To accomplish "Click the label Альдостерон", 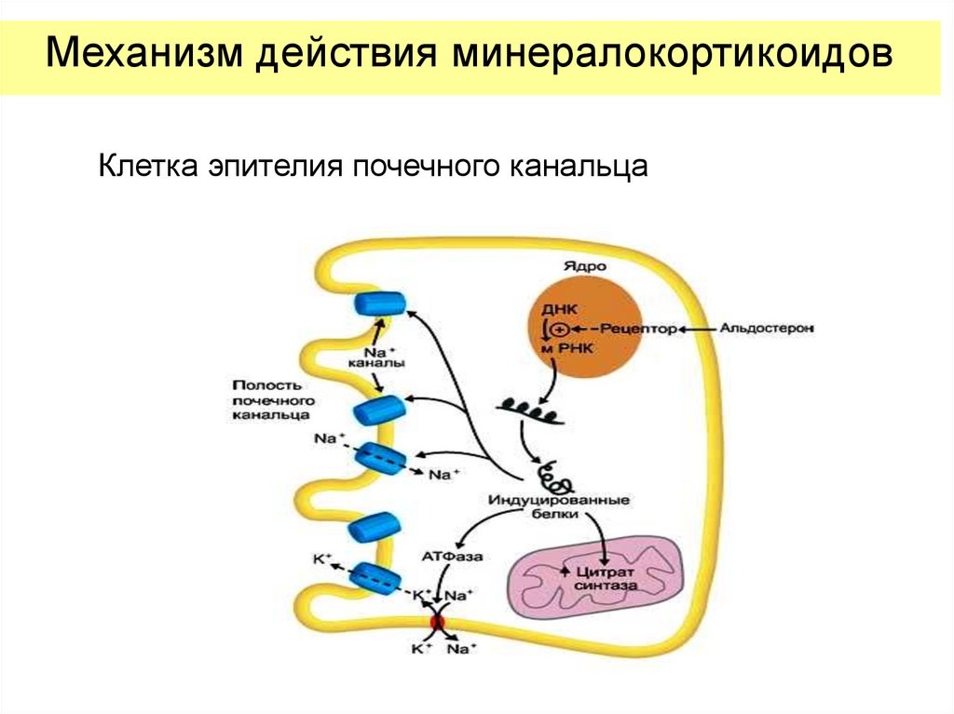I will (x=767, y=329).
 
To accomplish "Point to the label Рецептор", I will (x=636, y=329).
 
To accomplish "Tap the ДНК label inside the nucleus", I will (x=559, y=307).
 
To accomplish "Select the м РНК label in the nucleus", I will (x=566, y=348).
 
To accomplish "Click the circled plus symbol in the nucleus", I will (x=558, y=329).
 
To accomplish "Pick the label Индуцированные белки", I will (x=559, y=506).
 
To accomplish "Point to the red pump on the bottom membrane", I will (x=436, y=622).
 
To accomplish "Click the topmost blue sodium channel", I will (x=378, y=304).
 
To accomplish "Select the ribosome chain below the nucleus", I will (x=529, y=408).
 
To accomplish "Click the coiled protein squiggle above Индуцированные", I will (x=558, y=477).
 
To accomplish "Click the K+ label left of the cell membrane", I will (x=322, y=559).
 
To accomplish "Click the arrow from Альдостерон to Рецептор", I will (x=699, y=329).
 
